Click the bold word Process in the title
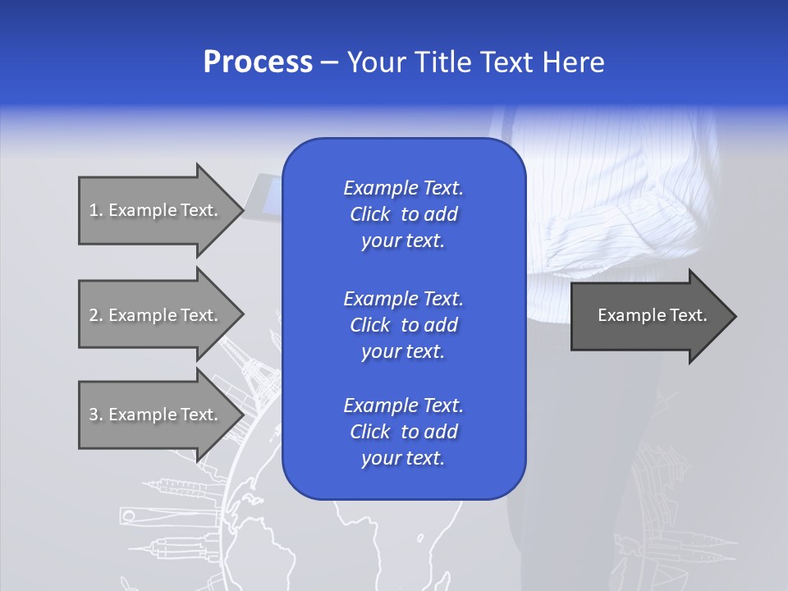258,62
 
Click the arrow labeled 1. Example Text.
156,210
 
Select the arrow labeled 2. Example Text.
156,315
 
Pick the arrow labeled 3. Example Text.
156,415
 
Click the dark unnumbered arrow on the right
648,316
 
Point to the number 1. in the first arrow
95,210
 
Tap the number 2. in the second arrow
95,315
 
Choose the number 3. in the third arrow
95,415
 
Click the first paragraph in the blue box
403,214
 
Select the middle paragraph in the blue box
403,325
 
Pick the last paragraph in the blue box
403,432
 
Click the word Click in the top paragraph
369,214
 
